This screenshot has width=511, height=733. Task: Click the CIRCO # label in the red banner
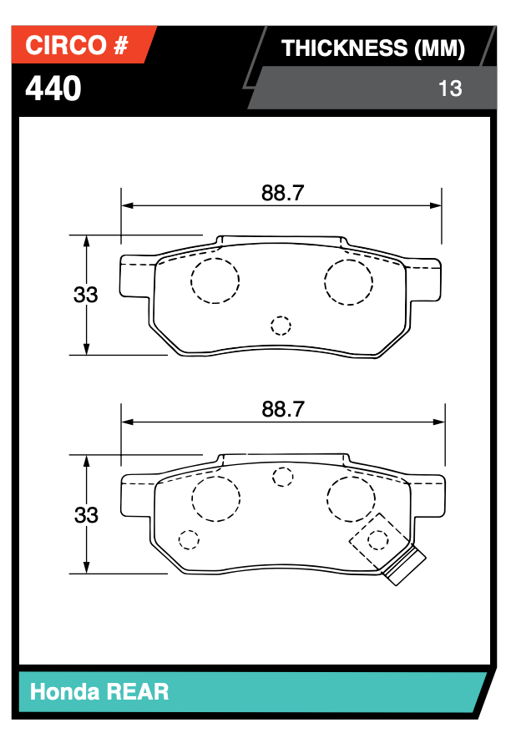(77, 47)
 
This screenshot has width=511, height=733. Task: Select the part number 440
(53, 88)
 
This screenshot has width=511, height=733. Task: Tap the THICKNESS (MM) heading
(372, 48)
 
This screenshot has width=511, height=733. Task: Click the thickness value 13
(450, 88)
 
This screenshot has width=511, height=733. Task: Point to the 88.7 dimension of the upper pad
(282, 193)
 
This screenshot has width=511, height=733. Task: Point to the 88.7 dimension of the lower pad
(282, 409)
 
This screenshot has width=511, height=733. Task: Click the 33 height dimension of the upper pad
(85, 295)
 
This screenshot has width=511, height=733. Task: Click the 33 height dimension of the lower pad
(85, 515)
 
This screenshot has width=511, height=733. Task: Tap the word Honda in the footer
(63, 691)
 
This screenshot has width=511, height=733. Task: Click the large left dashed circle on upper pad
(215, 281)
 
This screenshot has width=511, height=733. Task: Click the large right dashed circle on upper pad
(348, 281)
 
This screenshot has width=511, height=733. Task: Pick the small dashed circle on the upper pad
(281, 326)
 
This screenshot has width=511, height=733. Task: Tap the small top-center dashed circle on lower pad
(284, 477)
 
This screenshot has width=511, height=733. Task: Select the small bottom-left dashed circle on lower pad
(190, 539)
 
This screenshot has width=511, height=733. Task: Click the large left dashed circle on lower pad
(216, 500)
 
